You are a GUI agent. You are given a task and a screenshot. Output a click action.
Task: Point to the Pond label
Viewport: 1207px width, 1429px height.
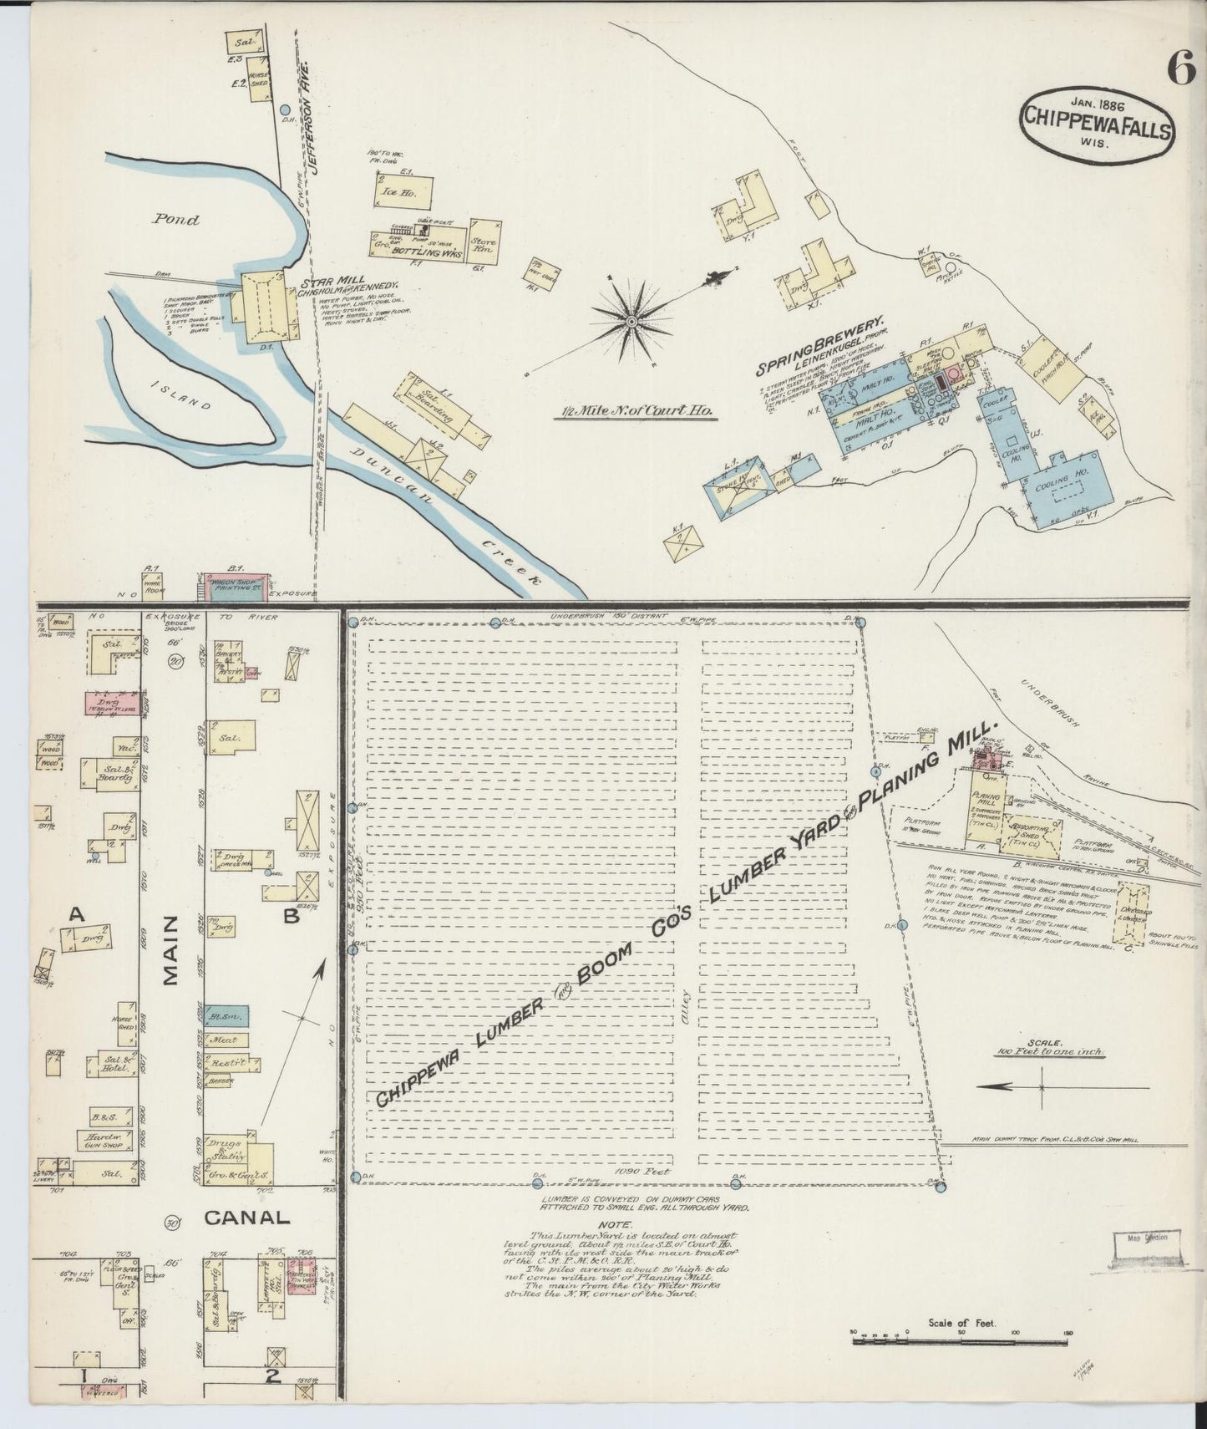[x=176, y=220]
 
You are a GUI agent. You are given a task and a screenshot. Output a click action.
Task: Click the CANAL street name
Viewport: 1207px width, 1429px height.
[x=246, y=1218]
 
